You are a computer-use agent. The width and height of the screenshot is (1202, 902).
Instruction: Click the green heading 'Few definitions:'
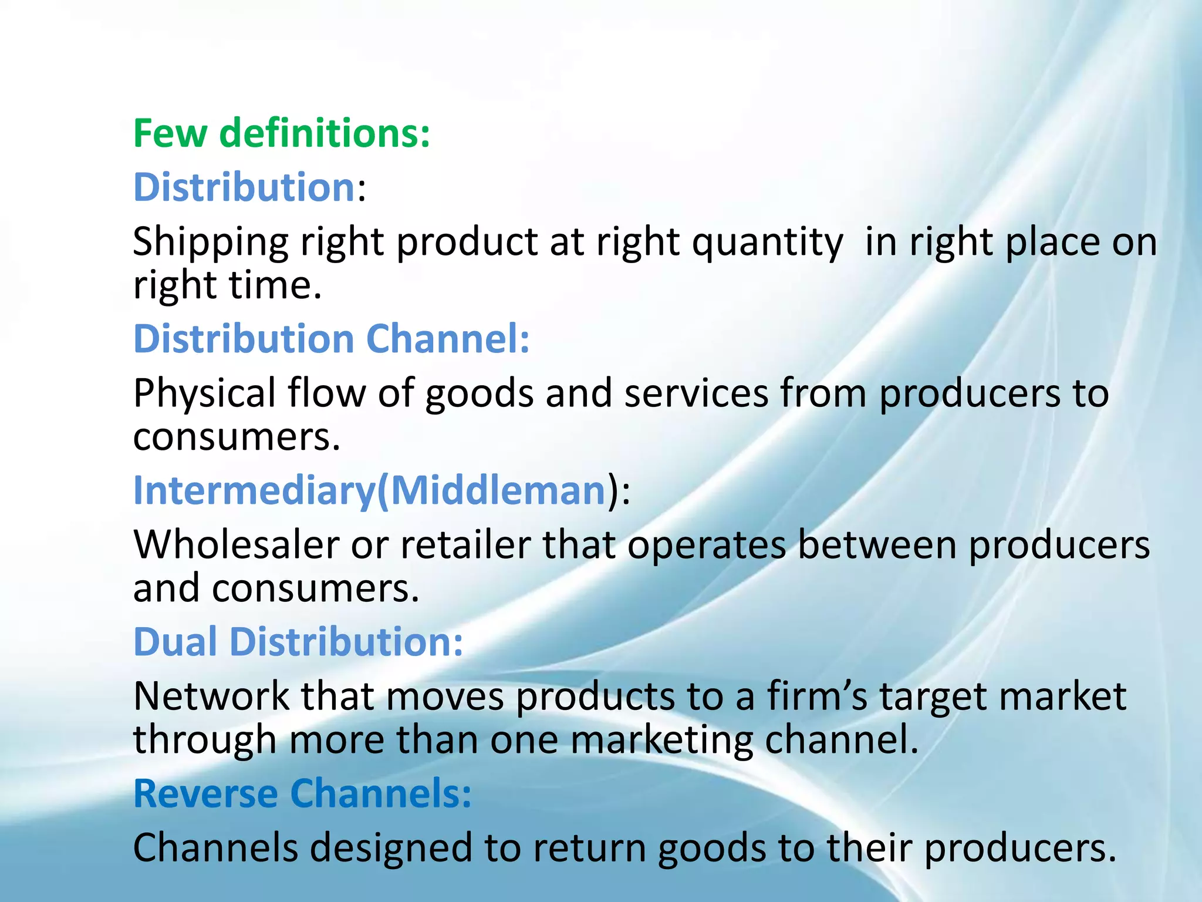pyautogui.click(x=282, y=133)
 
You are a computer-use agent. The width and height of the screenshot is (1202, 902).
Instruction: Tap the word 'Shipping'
pyautogui.click(x=211, y=243)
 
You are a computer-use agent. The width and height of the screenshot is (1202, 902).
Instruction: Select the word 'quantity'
pyautogui.click(x=767, y=243)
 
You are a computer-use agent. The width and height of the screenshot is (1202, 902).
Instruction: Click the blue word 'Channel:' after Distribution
pyautogui.click(x=448, y=339)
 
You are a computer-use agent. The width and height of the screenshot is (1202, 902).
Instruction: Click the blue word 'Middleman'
pyautogui.click(x=498, y=490)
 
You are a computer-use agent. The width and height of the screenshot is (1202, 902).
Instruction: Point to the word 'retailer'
pyautogui.click(x=465, y=545)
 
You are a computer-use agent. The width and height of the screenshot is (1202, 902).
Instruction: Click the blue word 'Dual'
pyautogui.click(x=175, y=641)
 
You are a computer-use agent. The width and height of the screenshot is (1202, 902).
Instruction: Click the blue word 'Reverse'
pyautogui.click(x=206, y=793)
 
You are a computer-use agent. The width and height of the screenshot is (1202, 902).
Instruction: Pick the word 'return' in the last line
pyautogui.click(x=589, y=848)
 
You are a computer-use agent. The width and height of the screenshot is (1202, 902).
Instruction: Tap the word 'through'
pyautogui.click(x=205, y=740)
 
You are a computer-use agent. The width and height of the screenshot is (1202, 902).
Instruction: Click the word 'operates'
pyautogui.click(x=707, y=545)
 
